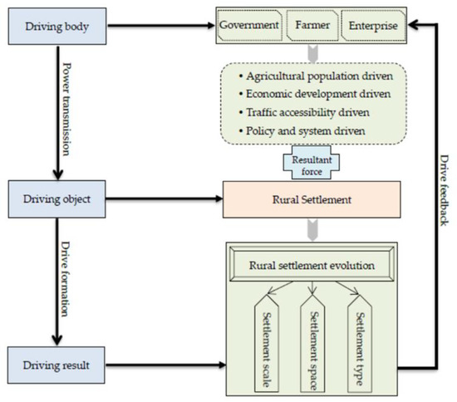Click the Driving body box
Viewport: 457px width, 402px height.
click(55, 26)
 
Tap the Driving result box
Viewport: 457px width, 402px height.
click(55, 365)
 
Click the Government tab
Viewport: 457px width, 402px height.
click(249, 26)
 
